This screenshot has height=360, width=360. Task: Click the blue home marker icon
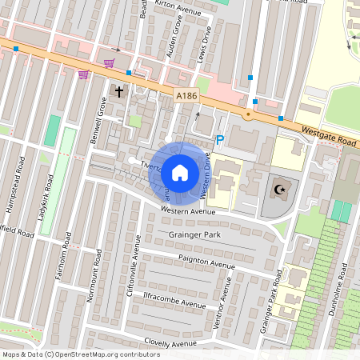point(180,172)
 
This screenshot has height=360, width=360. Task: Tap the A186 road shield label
point(186,97)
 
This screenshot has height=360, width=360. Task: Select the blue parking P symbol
point(220,138)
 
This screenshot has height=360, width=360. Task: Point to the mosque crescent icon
point(279,190)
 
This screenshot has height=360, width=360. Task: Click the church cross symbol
point(119,92)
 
